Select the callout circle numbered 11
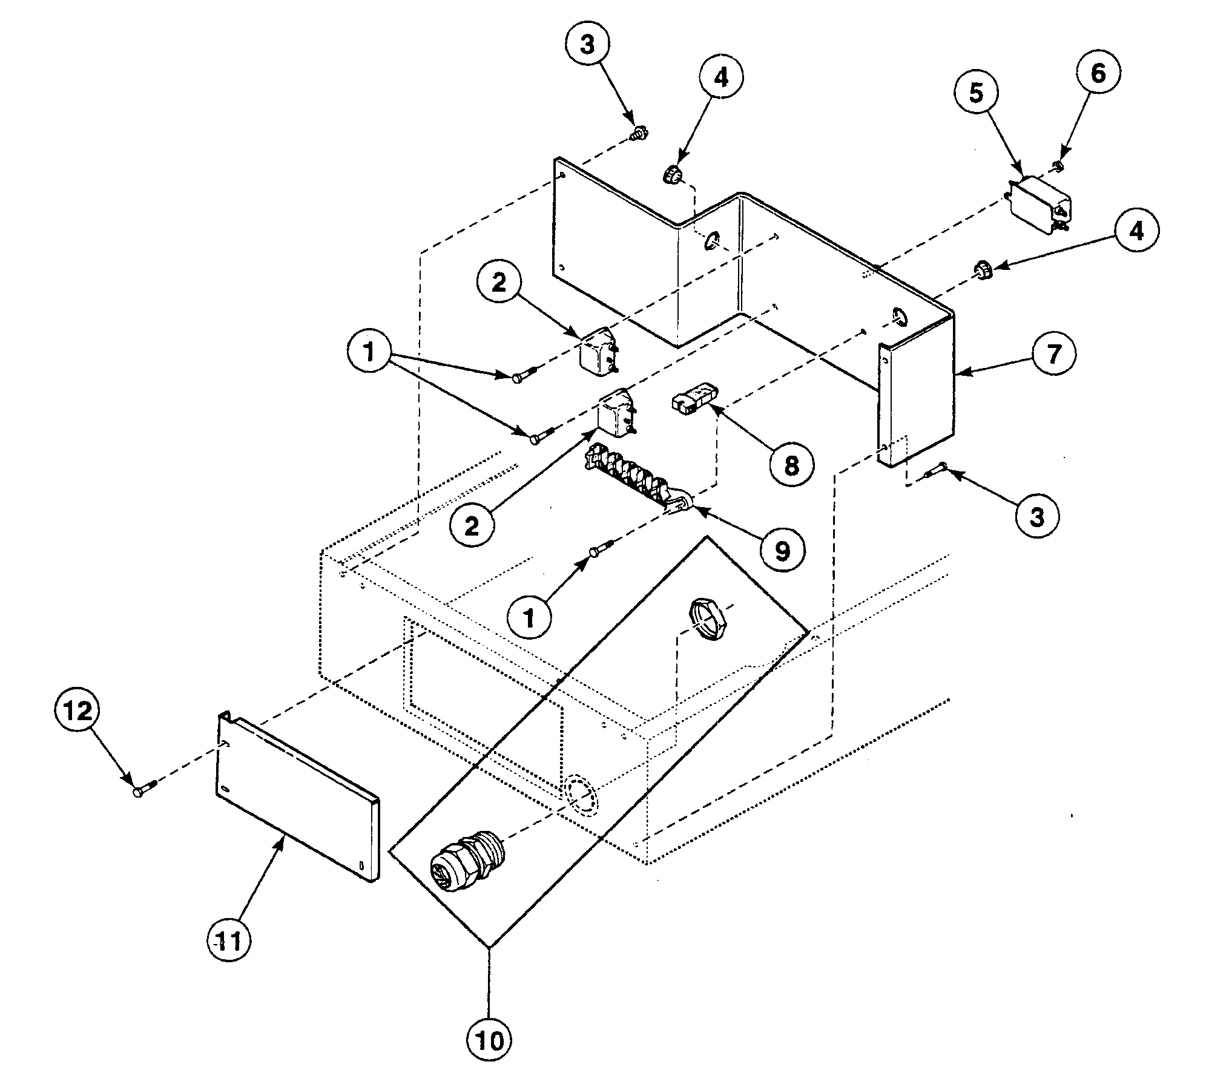point(229,941)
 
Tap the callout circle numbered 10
point(489,1040)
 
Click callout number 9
point(783,550)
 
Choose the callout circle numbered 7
point(1054,354)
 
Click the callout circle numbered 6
point(1098,74)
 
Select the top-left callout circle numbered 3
point(588,45)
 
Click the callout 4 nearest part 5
point(1136,231)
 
